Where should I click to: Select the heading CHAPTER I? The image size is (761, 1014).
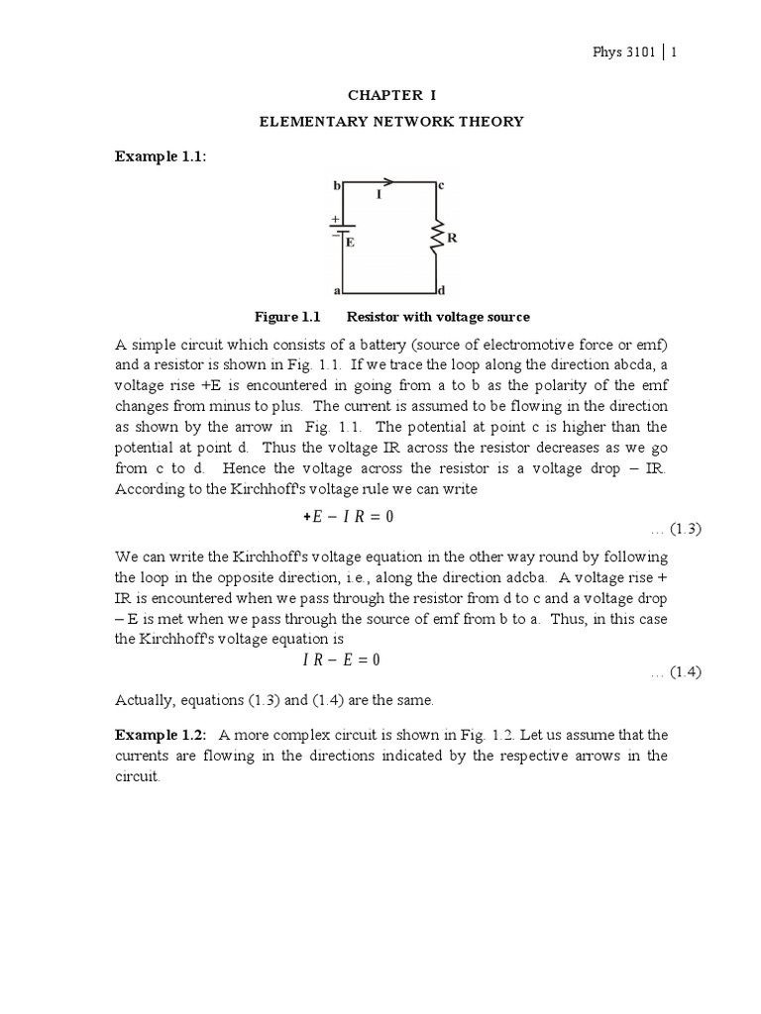[390, 95]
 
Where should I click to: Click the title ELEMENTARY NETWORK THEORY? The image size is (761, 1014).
[390, 122]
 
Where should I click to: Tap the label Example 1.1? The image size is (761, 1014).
[161, 156]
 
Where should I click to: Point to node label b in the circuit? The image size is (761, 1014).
[337, 184]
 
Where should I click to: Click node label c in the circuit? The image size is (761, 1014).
[442, 184]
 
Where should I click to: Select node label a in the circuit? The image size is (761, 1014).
[337, 292]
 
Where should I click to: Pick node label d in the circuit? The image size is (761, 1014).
[442, 292]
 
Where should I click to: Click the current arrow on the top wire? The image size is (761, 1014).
[388, 182]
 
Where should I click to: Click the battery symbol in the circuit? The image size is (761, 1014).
[341, 233]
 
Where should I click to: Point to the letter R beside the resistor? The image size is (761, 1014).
[452, 239]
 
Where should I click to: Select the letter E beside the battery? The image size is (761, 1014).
[351, 241]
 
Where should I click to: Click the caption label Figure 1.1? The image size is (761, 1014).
[289, 317]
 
